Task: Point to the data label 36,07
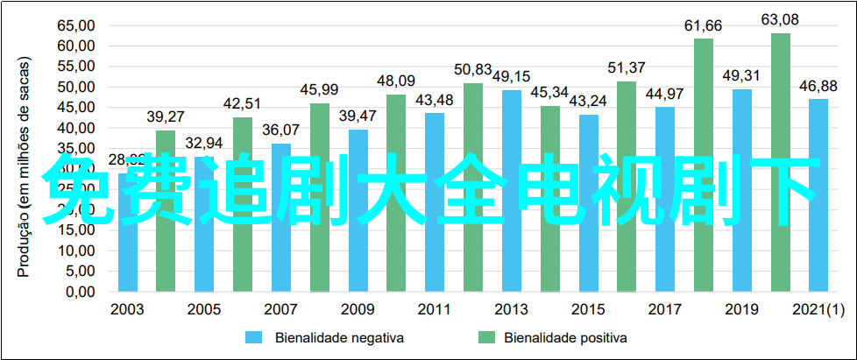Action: coord(280,131)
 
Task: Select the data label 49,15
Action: coord(511,77)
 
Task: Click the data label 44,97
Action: coord(665,94)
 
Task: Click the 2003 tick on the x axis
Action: coord(127,308)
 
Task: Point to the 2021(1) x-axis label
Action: coord(818,308)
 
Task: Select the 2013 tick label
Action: coord(511,308)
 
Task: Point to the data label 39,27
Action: coord(165,117)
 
